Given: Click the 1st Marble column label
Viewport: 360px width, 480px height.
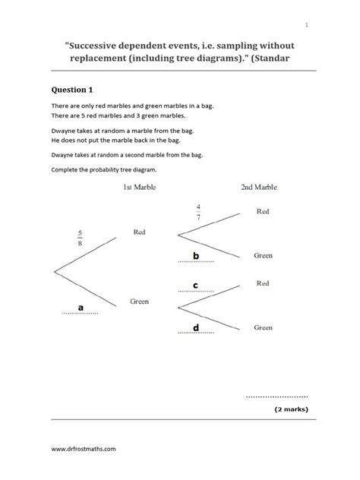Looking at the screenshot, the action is click(x=139, y=187).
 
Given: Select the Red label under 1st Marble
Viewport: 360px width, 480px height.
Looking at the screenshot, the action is click(x=139, y=232).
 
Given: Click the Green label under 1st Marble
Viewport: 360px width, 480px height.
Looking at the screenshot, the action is click(x=139, y=301).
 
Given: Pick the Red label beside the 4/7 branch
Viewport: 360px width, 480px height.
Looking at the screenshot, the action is click(x=263, y=211).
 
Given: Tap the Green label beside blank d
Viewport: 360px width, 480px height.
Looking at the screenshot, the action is click(x=264, y=327).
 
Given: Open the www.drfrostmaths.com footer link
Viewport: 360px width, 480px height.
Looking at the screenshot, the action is click(x=84, y=449).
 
